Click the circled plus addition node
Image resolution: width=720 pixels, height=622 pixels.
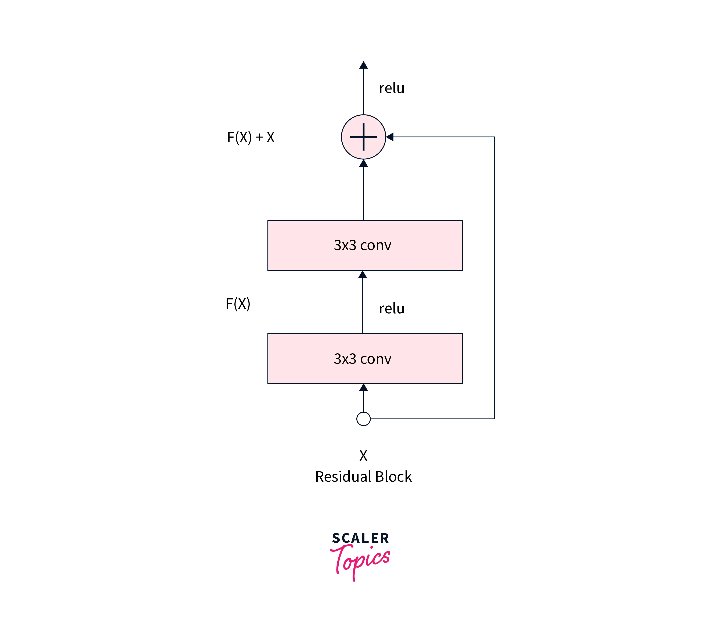pyautogui.click(x=363, y=137)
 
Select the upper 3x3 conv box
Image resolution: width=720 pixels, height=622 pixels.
pyautogui.click(x=365, y=245)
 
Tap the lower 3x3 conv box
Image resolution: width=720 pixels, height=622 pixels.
pyautogui.click(x=365, y=358)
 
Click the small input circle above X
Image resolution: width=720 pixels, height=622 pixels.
pyautogui.click(x=363, y=419)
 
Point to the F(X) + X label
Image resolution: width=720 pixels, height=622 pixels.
pyautogui.click(x=251, y=137)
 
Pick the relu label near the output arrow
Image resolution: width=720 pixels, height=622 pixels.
pyautogui.click(x=392, y=88)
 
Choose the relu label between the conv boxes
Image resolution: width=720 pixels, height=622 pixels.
pyautogui.click(x=392, y=309)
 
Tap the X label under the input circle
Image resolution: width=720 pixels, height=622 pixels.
pyautogui.click(x=363, y=456)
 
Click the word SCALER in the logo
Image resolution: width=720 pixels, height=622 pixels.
pyautogui.click(x=360, y=538)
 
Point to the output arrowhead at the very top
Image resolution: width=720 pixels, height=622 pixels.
pyautogui.click(x=363, y=65)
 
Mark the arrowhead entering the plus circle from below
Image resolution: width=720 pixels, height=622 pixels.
pyautogui.click(x=363, y=163)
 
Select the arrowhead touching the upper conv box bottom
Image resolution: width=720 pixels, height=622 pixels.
pyautogui.click(x=362, y=275)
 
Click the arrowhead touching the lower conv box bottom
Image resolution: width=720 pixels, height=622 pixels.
pyautogui.click(x=363, y=387)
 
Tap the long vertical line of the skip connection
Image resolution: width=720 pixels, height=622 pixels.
pyautogui.click(x=494, y=278)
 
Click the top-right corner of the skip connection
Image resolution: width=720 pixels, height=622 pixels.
pyautogui.click(x=494, y=137)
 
